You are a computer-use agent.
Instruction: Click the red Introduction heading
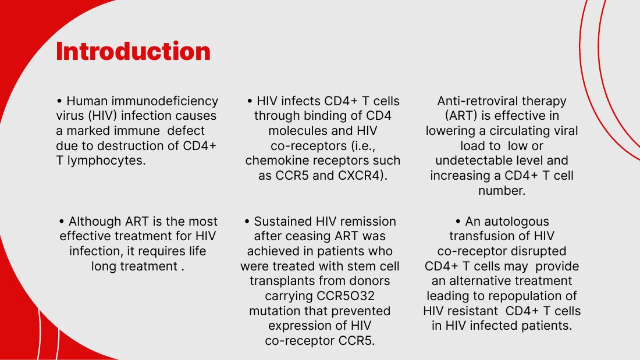point(133,51)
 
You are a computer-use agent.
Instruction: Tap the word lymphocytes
point(106,161)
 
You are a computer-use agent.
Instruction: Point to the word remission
point(368,221)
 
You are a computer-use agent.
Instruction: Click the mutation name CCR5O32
point(319,296)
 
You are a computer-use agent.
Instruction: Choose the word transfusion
point(480,236)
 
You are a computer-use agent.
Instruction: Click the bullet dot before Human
point(59,101)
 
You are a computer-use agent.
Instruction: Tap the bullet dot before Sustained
point(247,221)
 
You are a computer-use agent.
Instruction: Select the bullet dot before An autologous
point(458,221)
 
